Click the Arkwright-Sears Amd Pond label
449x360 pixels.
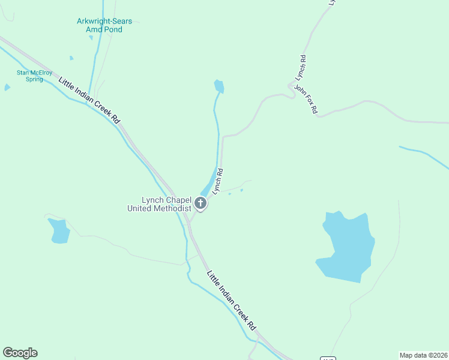pyautogui.click(x=104, y=25)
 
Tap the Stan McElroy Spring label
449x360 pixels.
pyautogui.click(x=30, y=76)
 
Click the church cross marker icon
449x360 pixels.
pyautogui.click(x=201, y=204)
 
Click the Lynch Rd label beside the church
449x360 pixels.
pyautogui.click(x=218, y=181)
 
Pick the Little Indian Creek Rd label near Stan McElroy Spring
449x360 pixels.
pyautogui.click(x=89, y=100)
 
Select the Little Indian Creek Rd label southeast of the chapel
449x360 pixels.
pyautogui.click(x=231, y=301)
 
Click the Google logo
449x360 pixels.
pyautogui.click(x=20, y=353)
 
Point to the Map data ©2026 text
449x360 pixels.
pyautogui.click(x=423, y=355)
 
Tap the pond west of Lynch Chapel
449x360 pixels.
pyautogui.click(x=59, y=230)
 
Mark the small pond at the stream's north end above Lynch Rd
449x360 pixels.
pyautogui.click(x=219, y=86)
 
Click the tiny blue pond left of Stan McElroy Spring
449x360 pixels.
pyautogui.click(x=7, y=87)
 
